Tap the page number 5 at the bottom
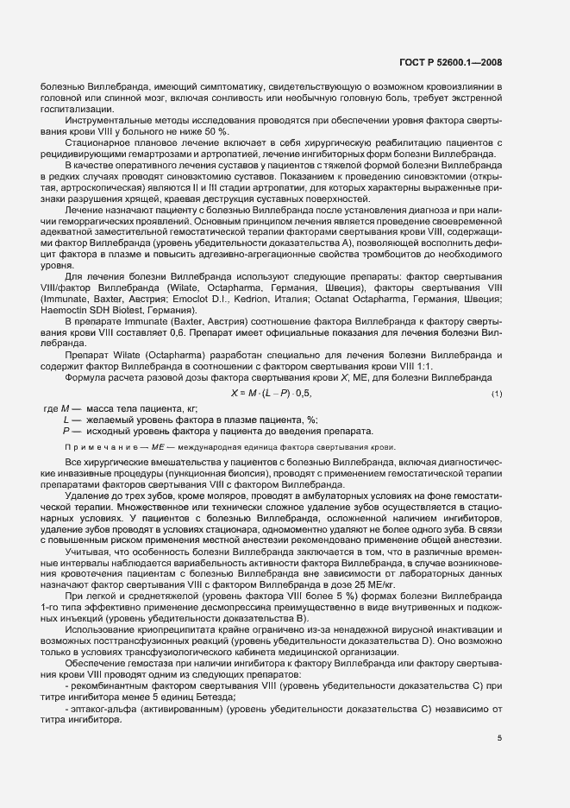(x=499, y=736)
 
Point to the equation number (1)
(x=496, y=395)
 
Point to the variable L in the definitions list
(x=66, y=419)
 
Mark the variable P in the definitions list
(x=66, y=430)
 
